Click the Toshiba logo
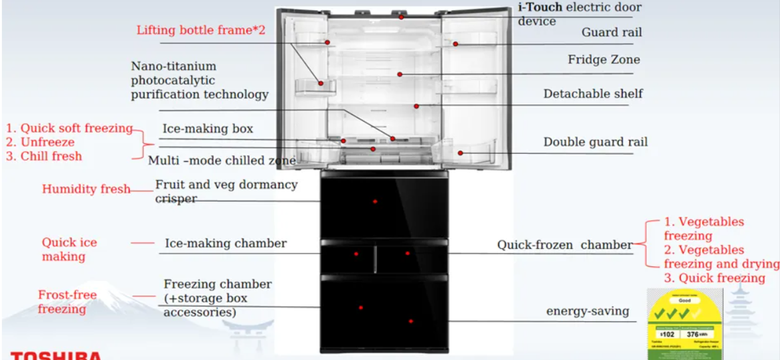click(56, 355)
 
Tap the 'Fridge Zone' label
click(603, 60)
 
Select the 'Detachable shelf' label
click(593, 94)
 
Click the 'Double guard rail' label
click(595, 142)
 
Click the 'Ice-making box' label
click(208, 128)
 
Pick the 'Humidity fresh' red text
click(86, 189)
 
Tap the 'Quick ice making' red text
click(69, 249)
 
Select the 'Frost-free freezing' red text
click(67, 302)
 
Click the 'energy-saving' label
click(588, 310)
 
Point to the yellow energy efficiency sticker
click(684, 324)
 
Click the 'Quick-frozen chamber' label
click(564, 245)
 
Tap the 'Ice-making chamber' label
click(226, 244)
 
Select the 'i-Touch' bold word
click(540, 7)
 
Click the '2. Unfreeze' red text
click(40, 142)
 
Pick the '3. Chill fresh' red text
click(44, 156)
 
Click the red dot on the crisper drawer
click(375, 201)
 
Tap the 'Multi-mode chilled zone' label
click(222, 161)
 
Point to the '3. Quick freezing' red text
click(714, 278)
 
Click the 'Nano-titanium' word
click(173, 66)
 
